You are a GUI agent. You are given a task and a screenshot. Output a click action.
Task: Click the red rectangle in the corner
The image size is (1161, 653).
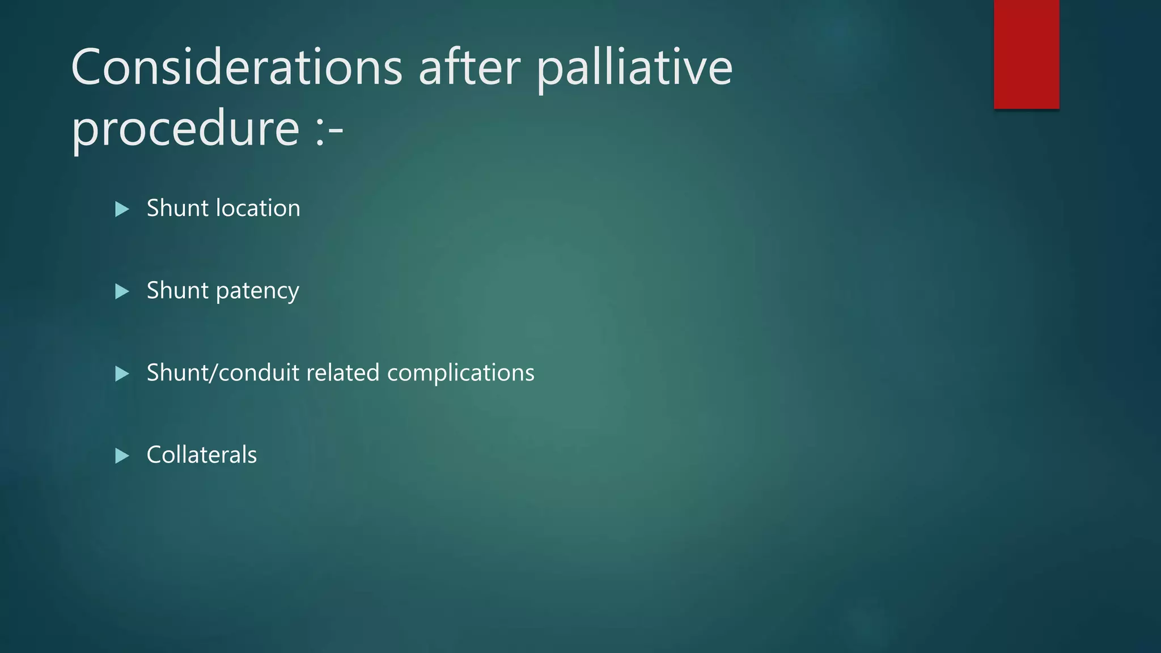[x=1026, y=54]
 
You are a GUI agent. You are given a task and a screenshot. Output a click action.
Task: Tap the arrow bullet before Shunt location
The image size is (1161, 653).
[x=122, y=209]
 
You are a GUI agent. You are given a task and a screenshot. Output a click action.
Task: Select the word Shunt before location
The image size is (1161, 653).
[x=177, y=208]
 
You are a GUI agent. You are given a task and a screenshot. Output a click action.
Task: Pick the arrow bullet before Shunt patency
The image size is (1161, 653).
[x=122, y=291]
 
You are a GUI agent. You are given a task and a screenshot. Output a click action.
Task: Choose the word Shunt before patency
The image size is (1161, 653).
[x=177, y=290]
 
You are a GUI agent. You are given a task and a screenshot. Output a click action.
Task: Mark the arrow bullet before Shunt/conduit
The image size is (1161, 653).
[x=122, y=374]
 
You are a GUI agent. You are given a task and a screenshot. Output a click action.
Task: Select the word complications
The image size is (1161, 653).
[x=460, y=374]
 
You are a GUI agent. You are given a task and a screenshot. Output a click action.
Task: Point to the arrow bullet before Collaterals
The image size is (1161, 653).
[x=122, y=456]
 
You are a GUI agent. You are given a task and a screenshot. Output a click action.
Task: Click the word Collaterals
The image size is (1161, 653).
[x=201, y=455]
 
